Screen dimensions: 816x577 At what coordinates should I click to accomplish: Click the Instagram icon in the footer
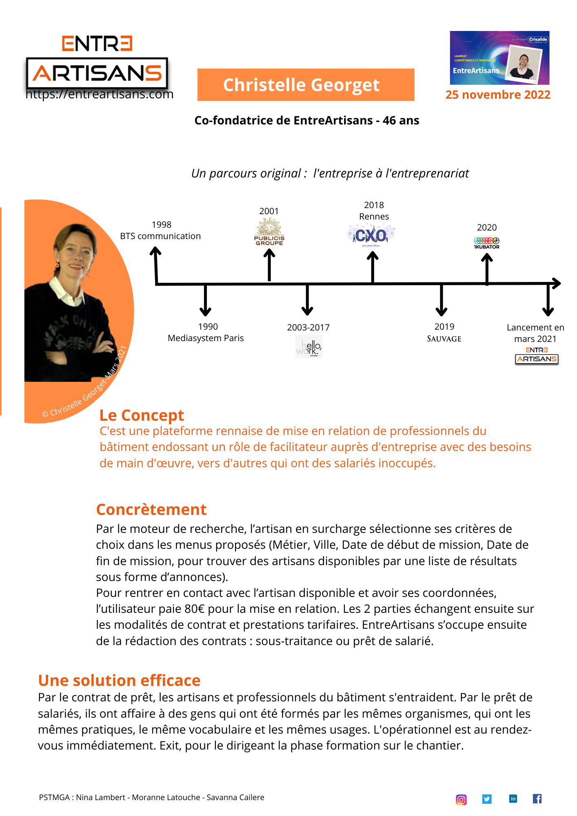[x=461, y=800]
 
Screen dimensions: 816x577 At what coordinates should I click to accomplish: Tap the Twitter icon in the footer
[x=487, y=799]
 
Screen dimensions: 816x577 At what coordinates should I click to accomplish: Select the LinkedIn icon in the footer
[x=513, y=798]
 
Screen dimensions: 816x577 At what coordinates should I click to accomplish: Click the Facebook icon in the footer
[x=537, y=798]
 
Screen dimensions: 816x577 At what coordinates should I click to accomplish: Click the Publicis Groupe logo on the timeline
[x=269, y=232]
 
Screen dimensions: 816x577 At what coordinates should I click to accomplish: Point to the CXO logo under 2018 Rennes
[x=371, y=235]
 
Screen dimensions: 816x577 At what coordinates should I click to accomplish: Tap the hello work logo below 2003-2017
[x=308, y=347]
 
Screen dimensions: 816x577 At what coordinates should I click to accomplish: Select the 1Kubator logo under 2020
[x=486, y=243]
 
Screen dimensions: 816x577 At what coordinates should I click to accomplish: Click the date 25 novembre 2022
[x=498, y=95]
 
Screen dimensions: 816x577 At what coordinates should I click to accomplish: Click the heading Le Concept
[x=142, y=415]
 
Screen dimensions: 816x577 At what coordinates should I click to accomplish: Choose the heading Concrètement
[x=151, y=510]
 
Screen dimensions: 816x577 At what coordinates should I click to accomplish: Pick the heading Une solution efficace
[x=119, y=681]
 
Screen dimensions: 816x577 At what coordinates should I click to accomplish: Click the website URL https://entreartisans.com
[x=100, y=94]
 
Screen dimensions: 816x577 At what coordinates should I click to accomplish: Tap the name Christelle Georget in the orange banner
[x=301, y=85]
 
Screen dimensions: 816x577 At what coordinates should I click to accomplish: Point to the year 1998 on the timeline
[x=162, y=224]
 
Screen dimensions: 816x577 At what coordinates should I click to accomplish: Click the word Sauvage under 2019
[x=444, y=339]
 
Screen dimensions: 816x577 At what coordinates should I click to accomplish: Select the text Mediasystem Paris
[x=206, y=338]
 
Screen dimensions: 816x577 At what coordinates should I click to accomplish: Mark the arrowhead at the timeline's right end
[x=557, y=283]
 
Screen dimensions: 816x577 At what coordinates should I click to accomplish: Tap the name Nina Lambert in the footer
[x=100, y=797]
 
